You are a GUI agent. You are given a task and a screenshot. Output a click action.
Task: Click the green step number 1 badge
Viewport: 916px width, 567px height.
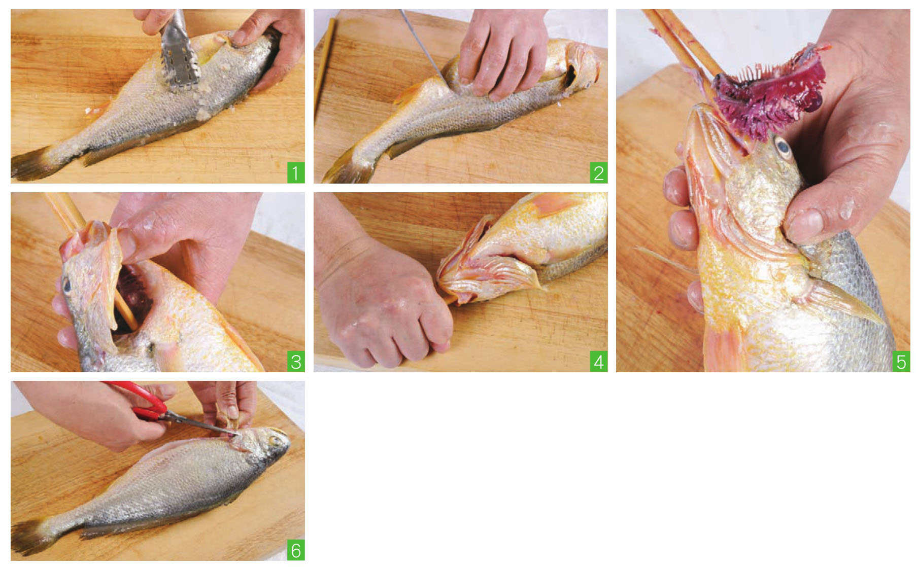295,173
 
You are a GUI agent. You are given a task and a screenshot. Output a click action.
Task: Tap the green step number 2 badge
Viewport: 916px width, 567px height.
598,173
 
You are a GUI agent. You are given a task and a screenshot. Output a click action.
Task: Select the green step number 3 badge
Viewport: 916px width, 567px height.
295,362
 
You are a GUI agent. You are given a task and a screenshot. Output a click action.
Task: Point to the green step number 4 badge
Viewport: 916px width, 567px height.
598,362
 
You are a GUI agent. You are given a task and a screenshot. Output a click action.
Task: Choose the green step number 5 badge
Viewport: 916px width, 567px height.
901,362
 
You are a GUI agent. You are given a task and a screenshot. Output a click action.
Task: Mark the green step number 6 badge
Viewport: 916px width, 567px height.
295,551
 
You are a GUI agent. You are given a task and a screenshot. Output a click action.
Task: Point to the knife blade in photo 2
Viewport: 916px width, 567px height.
420,43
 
